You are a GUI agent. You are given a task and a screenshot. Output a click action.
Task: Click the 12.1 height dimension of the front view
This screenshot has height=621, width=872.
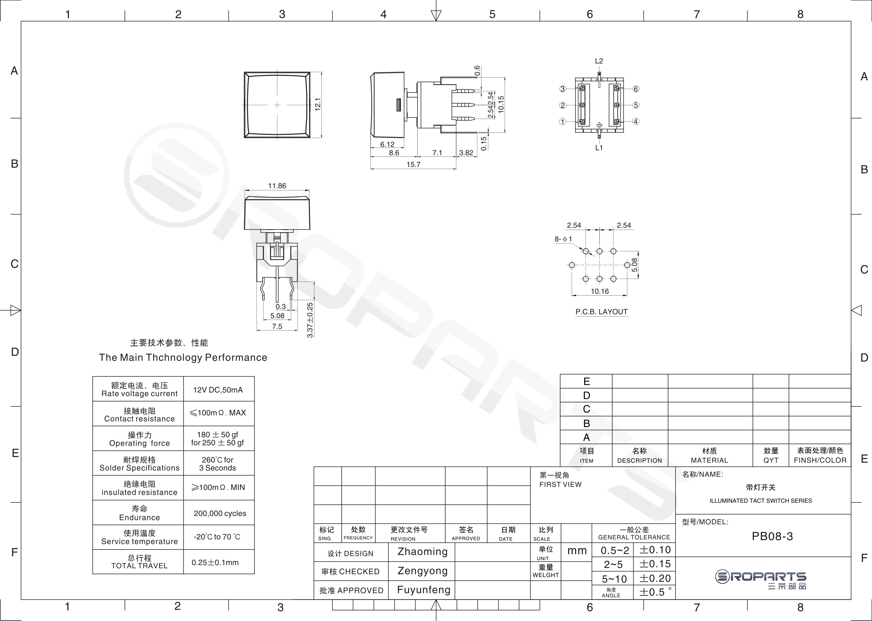[317, 104]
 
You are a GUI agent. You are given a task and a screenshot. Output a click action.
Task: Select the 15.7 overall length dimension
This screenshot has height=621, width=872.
[413, 165]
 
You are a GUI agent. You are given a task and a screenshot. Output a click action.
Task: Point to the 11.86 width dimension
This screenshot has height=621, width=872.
[277, 186]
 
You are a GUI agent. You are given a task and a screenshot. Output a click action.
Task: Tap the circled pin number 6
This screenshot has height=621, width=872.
[636, 89]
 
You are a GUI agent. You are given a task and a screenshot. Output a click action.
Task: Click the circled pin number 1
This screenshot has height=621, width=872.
[562, 122]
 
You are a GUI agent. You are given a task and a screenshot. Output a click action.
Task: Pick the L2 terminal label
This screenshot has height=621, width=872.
[599, 61]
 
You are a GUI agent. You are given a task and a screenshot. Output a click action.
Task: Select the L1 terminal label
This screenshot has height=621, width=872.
[599, 148]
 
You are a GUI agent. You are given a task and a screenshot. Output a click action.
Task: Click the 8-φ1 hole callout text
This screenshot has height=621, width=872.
[563, 239]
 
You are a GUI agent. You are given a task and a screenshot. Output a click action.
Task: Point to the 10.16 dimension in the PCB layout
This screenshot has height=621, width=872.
[600, 291]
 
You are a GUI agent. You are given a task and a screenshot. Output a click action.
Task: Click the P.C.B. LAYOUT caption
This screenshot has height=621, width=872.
[601, 312]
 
